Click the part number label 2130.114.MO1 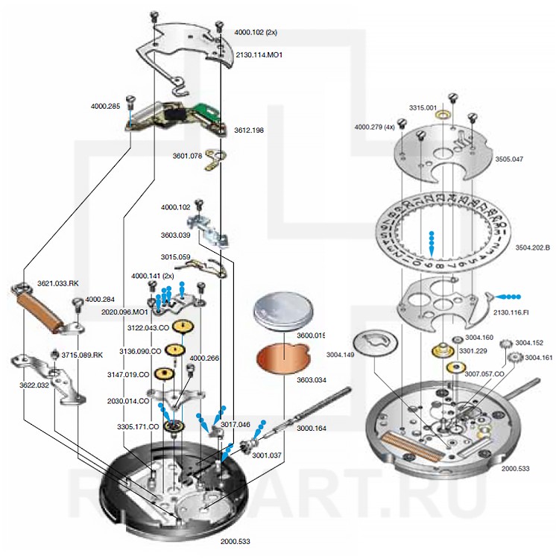pyautogui.click(x=259, y=55)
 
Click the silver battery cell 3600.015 pyautogui.click(x=283, y=310)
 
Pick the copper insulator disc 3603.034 pyautogui.click(x=284, y=358)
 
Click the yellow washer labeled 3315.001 pyautogui.click(x=443, y=115)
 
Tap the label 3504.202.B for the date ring pyautogui.click(x=532, y=247)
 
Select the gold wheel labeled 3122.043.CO pyautogui.click(x=183, y=326)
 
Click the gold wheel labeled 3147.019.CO pyautogui.click(x=165, y=373)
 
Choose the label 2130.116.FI pyautogui.click(x=511, y=312)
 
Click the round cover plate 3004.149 pyautogui.click(x=375, y=342)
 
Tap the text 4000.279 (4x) pyautogui.click(x=374, y=127)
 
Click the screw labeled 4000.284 pyautogui.click(x=78, y=305)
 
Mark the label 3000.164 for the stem pyautogui.click(x=312, y=428)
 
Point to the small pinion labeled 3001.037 pyautogui.click(x=247, y=446)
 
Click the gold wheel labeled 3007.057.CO pyautogui.click(x=456, y=367)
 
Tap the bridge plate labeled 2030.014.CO pyautogui.click(x=176, y=396)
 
